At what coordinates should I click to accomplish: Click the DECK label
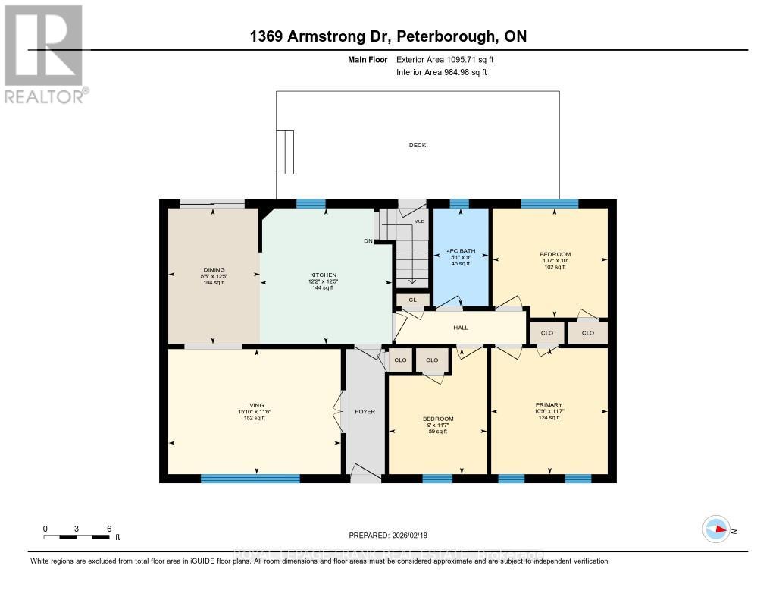[x=417, y=145]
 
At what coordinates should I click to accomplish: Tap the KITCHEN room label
[x=323, y=275]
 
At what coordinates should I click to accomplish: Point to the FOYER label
[x=365, y=412]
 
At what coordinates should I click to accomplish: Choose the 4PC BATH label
[x=458, y=251]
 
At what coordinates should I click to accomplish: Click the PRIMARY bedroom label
[x=548, y=405]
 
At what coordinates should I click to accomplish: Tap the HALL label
[x=461, y=328]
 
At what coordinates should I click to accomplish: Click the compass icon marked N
[x=716, y=529]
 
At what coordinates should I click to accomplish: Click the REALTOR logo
[x=43, y=53]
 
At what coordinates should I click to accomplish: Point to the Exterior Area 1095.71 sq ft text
[x=449, y=59]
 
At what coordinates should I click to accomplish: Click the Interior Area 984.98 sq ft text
[x=441, y=73]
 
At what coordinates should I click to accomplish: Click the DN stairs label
[x=368, y=241]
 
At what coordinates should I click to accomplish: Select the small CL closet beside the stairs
[x=412, y=300]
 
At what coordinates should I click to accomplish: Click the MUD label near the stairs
[x=419, y=221]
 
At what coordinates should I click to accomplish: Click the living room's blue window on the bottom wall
[x=250, y=479]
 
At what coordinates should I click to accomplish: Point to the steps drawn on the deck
[x=285, y=153]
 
